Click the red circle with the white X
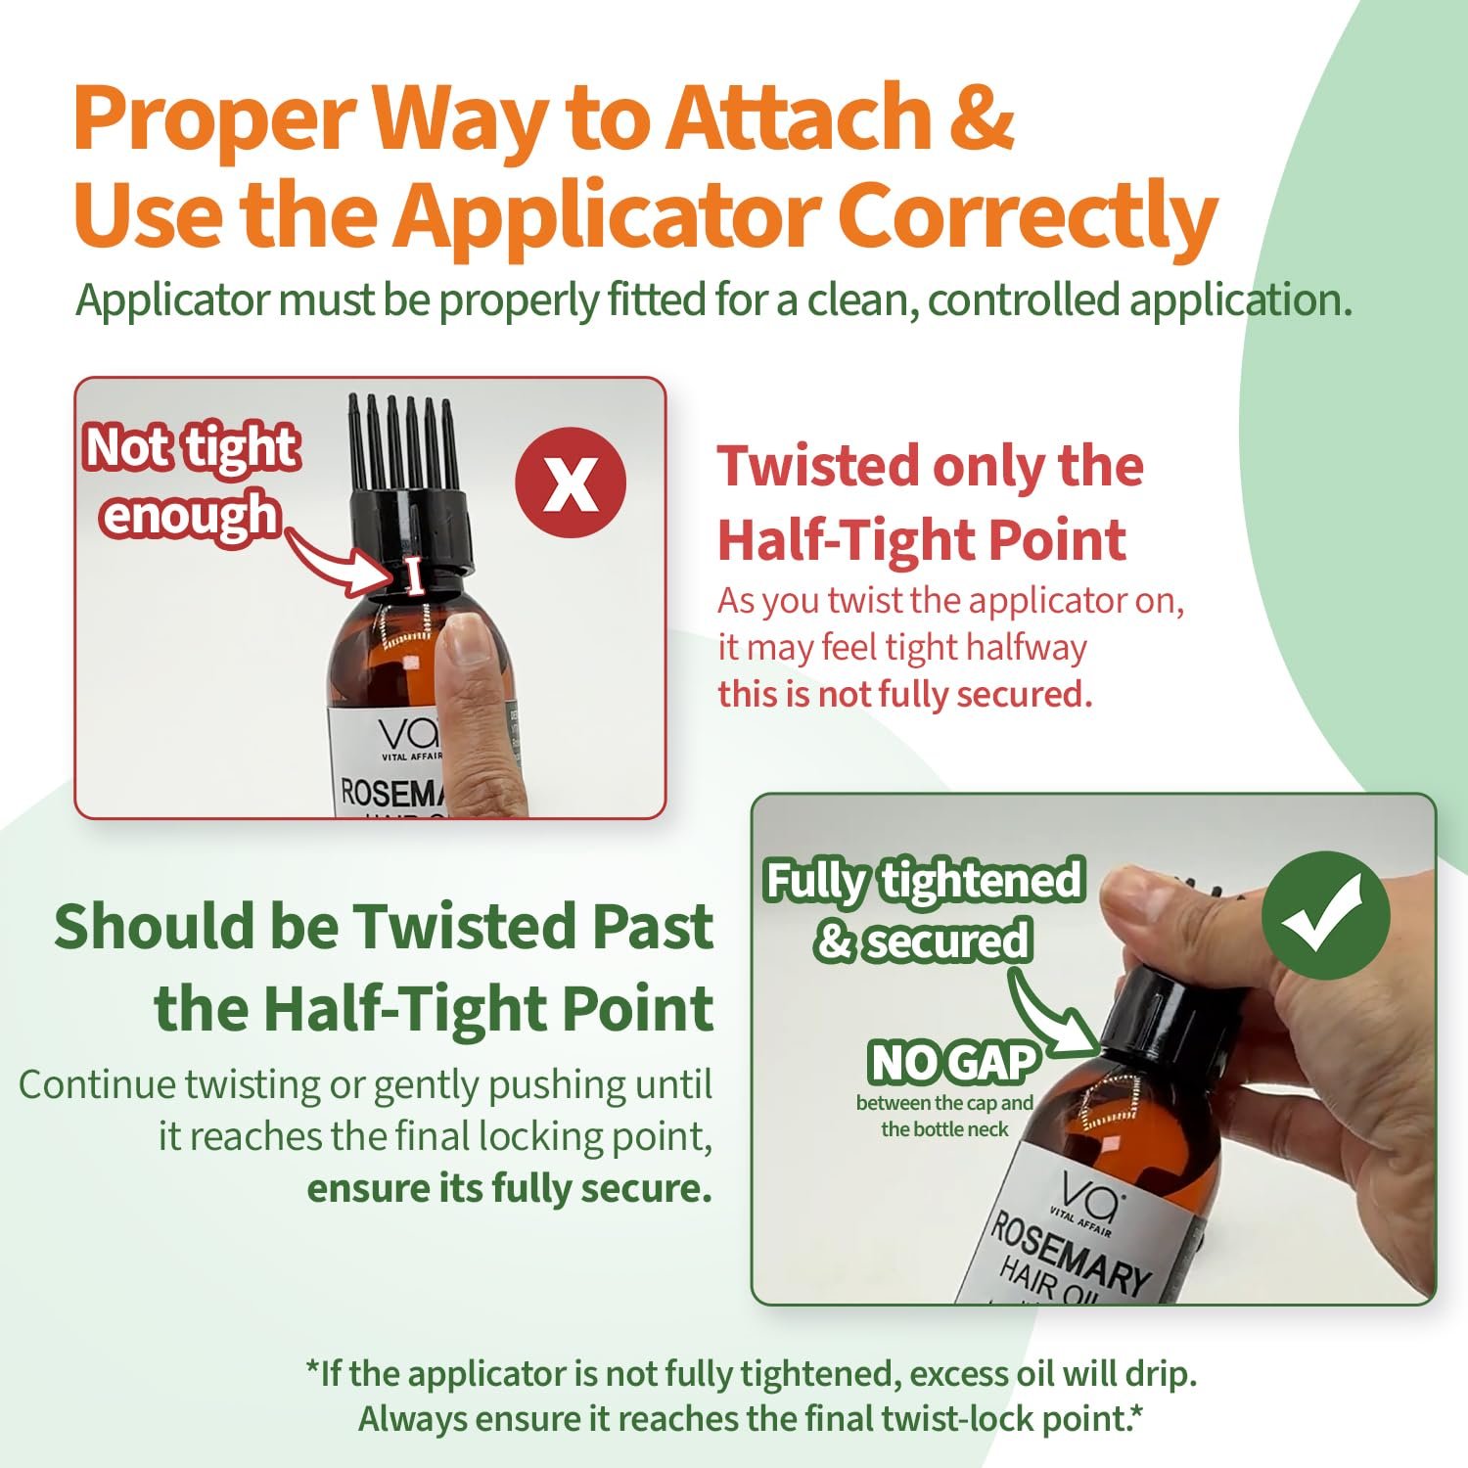571,482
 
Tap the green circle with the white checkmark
1325,915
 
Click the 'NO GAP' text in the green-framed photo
951,1062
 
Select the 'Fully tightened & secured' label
924,910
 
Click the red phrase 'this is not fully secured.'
904,694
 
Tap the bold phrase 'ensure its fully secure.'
509,1188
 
